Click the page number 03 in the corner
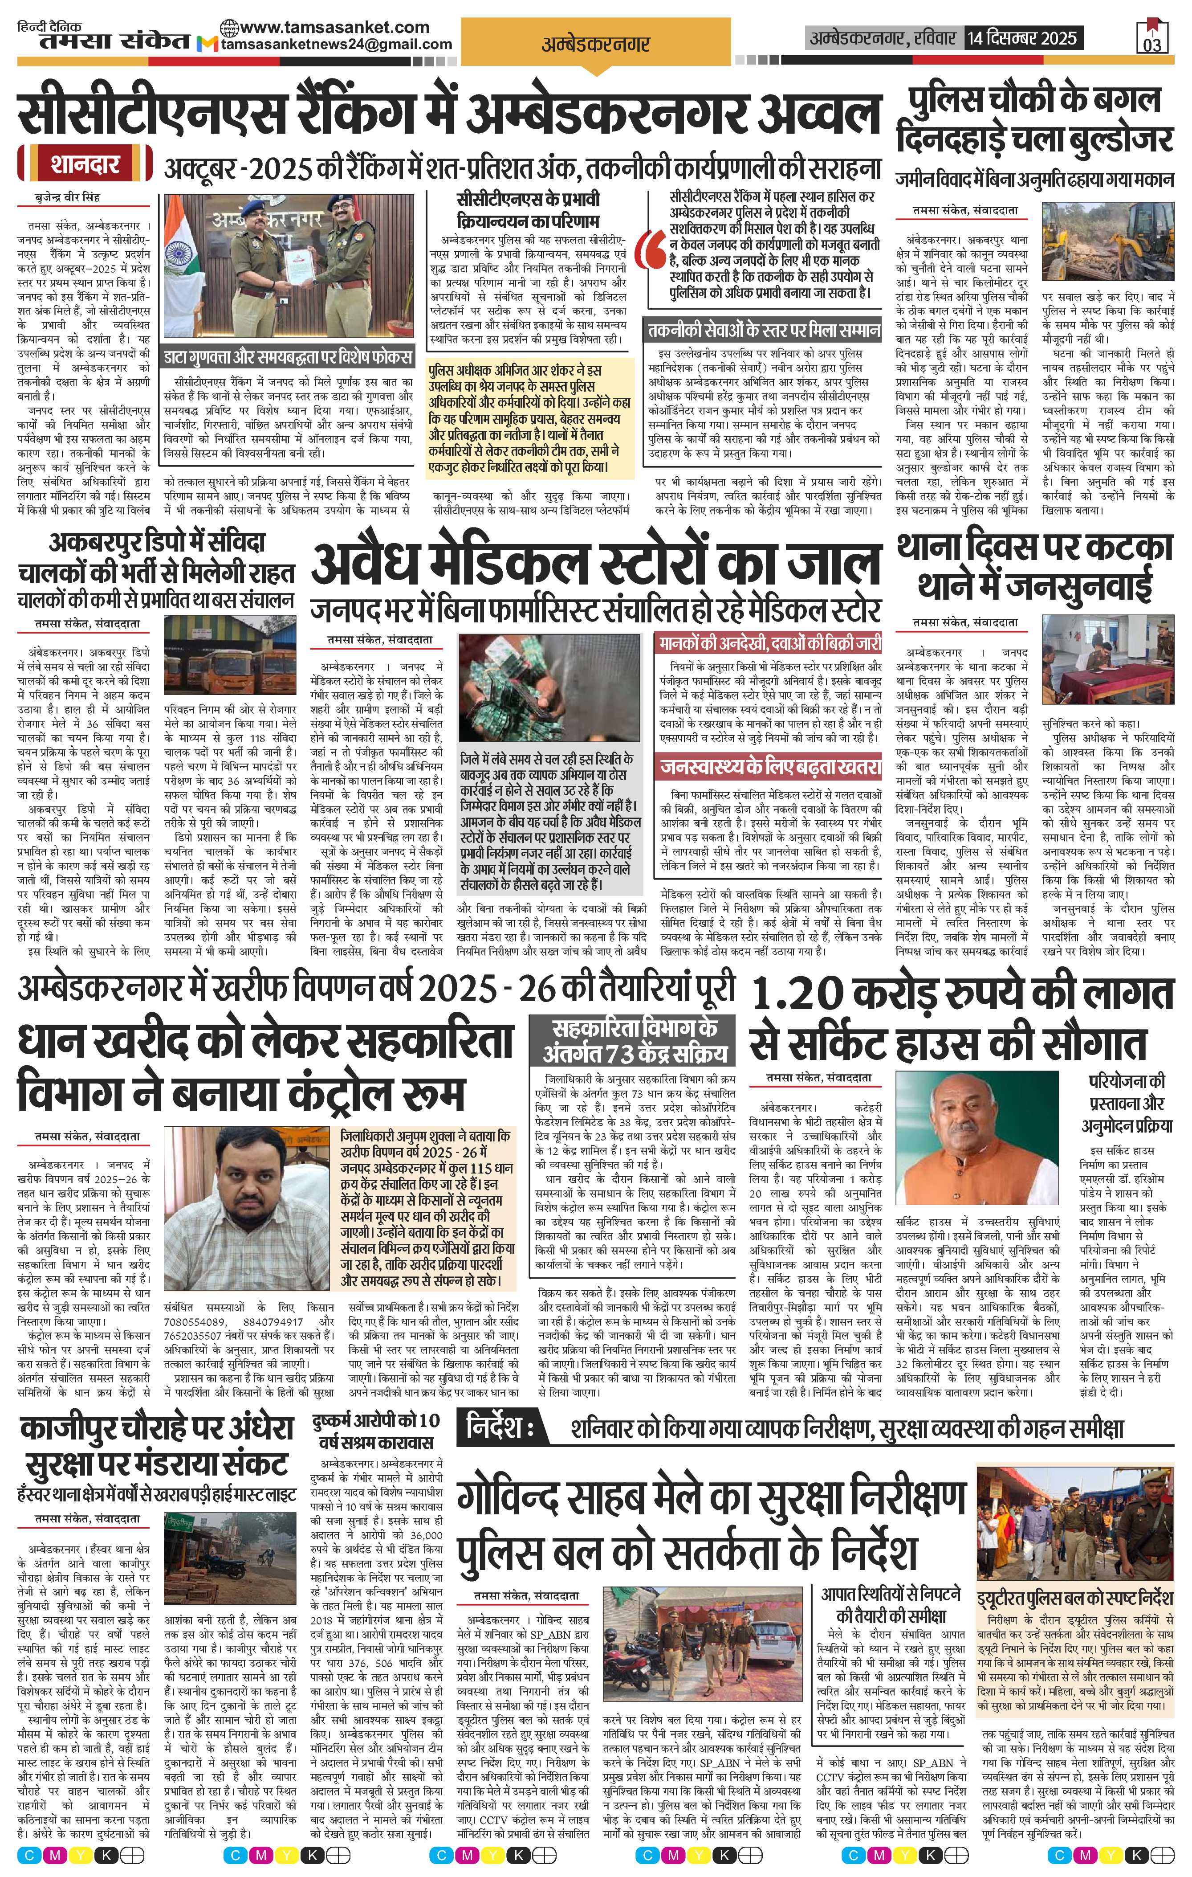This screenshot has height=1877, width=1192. pos(1152,45)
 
